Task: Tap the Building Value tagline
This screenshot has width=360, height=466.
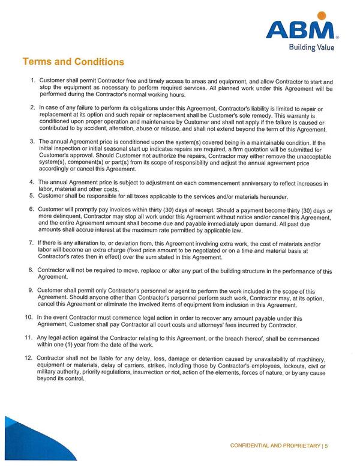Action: [x=310, y=47]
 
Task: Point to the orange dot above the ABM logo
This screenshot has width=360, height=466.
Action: [x=322, y=16]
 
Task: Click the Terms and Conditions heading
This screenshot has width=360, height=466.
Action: [x=73, y=62]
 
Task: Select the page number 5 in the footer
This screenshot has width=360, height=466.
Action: [x=328, y=446]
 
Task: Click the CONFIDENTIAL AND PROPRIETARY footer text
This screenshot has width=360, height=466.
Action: [x=275, y=446]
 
